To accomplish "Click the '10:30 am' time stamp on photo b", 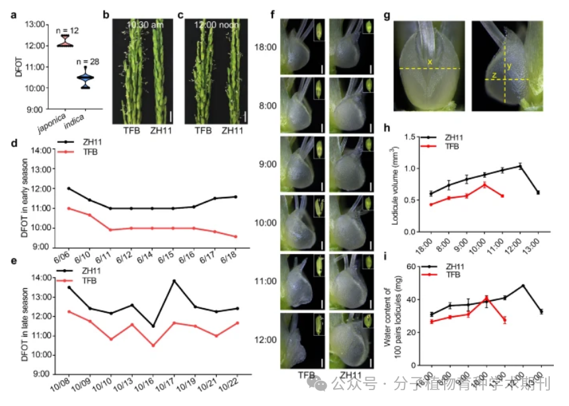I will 139,24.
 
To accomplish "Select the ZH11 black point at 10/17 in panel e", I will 174,281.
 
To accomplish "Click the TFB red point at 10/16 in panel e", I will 153,345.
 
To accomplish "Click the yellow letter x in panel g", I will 430,62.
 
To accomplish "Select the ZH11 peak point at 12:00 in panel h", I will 521,166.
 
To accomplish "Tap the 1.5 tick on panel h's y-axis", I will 410,137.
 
